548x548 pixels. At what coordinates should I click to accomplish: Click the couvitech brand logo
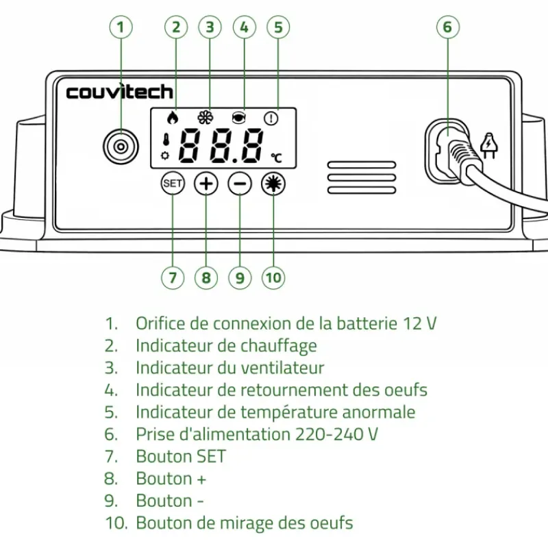(119, 92)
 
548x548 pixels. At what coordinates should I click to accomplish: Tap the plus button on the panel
(206, 184)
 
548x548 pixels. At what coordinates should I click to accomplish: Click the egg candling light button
(273, 184)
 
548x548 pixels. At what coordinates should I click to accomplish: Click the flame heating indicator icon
(173, 117)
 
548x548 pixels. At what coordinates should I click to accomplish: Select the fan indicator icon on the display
(205, 117)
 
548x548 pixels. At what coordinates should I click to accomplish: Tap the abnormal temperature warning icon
(273, 118)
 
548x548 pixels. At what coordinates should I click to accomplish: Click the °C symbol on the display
(275, 158)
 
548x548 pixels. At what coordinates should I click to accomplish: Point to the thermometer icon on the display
(165, 140)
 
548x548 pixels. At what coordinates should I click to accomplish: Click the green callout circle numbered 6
(447, 27)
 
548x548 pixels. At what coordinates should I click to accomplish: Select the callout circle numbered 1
(121, 27)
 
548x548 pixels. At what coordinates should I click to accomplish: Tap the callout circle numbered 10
(273, 277)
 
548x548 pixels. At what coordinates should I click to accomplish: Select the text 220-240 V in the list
(336, 434)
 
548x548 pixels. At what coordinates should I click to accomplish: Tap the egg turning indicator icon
(239, 117)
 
